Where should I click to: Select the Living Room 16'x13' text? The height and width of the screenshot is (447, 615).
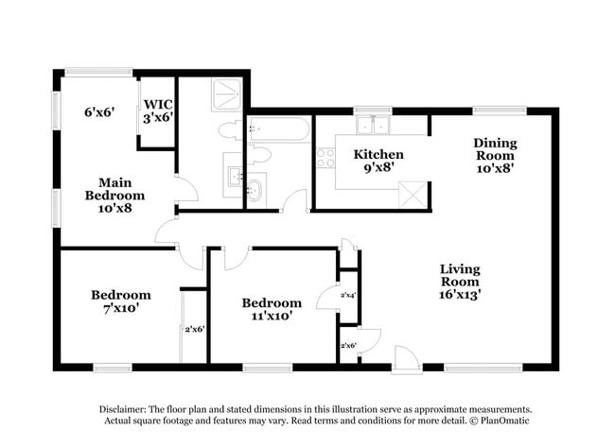tap(460, 282)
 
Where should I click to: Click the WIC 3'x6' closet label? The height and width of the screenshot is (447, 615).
tap(156, 112)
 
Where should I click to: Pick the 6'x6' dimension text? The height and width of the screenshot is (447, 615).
tap(98, 112)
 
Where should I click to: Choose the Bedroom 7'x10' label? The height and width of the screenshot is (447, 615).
tap(120, 301)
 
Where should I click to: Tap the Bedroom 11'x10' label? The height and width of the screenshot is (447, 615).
tap(272, 309)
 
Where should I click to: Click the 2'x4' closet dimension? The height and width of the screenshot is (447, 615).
tap(348, 295)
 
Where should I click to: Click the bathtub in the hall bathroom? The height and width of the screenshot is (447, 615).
tap(278, 129)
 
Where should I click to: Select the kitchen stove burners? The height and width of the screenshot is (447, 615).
tap(325, 158)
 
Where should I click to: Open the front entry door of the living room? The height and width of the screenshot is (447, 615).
tap(407, 358)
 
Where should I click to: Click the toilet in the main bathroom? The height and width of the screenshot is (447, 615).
tap(231, 130)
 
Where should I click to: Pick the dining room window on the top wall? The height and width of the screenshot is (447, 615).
tap(500, 111)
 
